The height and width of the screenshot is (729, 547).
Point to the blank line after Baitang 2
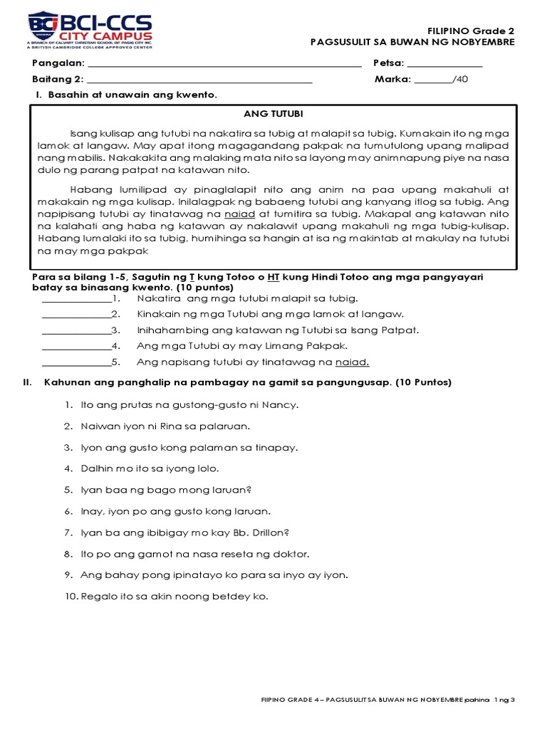(199, 80)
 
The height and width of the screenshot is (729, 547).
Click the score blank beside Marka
(433, 80)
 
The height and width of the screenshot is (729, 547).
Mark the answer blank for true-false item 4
(76, 347)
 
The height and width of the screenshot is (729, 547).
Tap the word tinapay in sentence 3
(276, 448)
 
